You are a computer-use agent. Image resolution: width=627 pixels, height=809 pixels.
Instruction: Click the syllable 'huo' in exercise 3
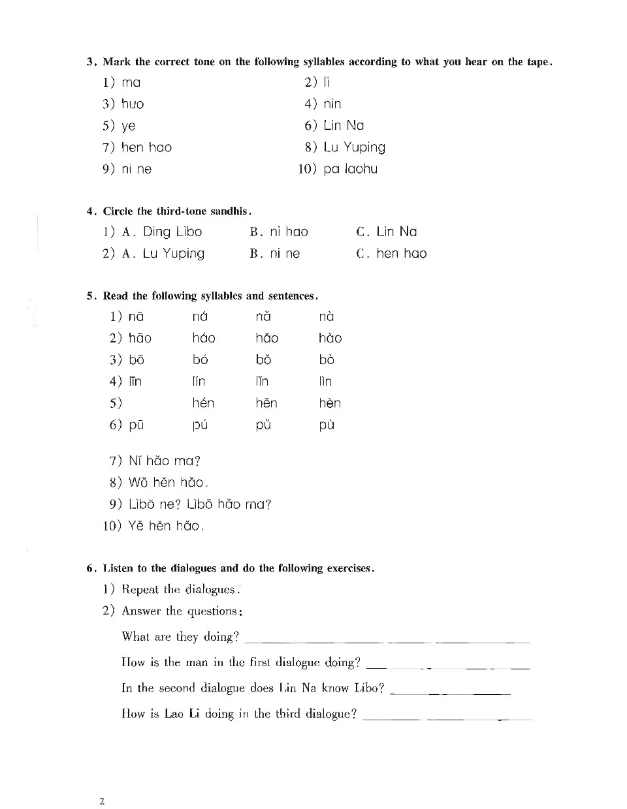pyautogui.click(x=133, y=104)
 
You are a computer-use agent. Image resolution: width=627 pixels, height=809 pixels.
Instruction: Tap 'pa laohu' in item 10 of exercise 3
pyautogui.click(x=351, y=169)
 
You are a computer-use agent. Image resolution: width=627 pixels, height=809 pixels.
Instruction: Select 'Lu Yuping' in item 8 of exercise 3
pyautogui.click(x=355, y=147)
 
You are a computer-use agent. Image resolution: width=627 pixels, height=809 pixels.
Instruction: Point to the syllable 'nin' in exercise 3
pyautogui.click(x=332, y=104)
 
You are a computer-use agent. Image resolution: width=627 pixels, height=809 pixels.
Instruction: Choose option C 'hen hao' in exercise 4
pyautogui.click(x=401, y=253)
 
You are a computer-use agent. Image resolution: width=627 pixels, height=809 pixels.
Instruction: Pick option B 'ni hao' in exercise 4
pyautogui.click(x=289, y=232)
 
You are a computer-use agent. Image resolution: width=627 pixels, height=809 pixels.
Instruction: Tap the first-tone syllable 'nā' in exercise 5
pyautogui.click(x=136, y=316)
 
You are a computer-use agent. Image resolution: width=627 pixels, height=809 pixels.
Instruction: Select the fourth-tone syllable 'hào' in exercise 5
pyautogui.click(x=330, y=338)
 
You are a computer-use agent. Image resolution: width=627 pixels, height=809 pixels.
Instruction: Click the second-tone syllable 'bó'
pyautogui.click(x=200, y=359)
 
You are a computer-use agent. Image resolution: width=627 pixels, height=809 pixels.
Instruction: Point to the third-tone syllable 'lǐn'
pyautogui.click(x=262, y=381)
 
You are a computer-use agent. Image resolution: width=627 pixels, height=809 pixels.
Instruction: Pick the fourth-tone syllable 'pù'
pyautogui.click(x=327, y=425)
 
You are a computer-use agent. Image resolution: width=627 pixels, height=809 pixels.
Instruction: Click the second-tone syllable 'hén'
pyautogui.click(x=203, y=403)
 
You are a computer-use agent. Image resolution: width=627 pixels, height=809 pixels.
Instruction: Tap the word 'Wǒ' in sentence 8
pyautogui.click(x=138, y=483)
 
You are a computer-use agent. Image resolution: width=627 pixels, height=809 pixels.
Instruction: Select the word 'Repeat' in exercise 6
pyautogui.click(x=140, y=590)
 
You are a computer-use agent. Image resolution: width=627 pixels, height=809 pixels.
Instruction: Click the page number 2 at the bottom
pyautogui.click(x=102, y=801)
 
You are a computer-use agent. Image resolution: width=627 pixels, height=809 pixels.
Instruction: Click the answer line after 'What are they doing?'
pyautogui.click(x=385, y=641)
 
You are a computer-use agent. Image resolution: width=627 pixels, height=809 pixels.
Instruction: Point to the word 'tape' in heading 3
pyautogui.click(x=538, y=62)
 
